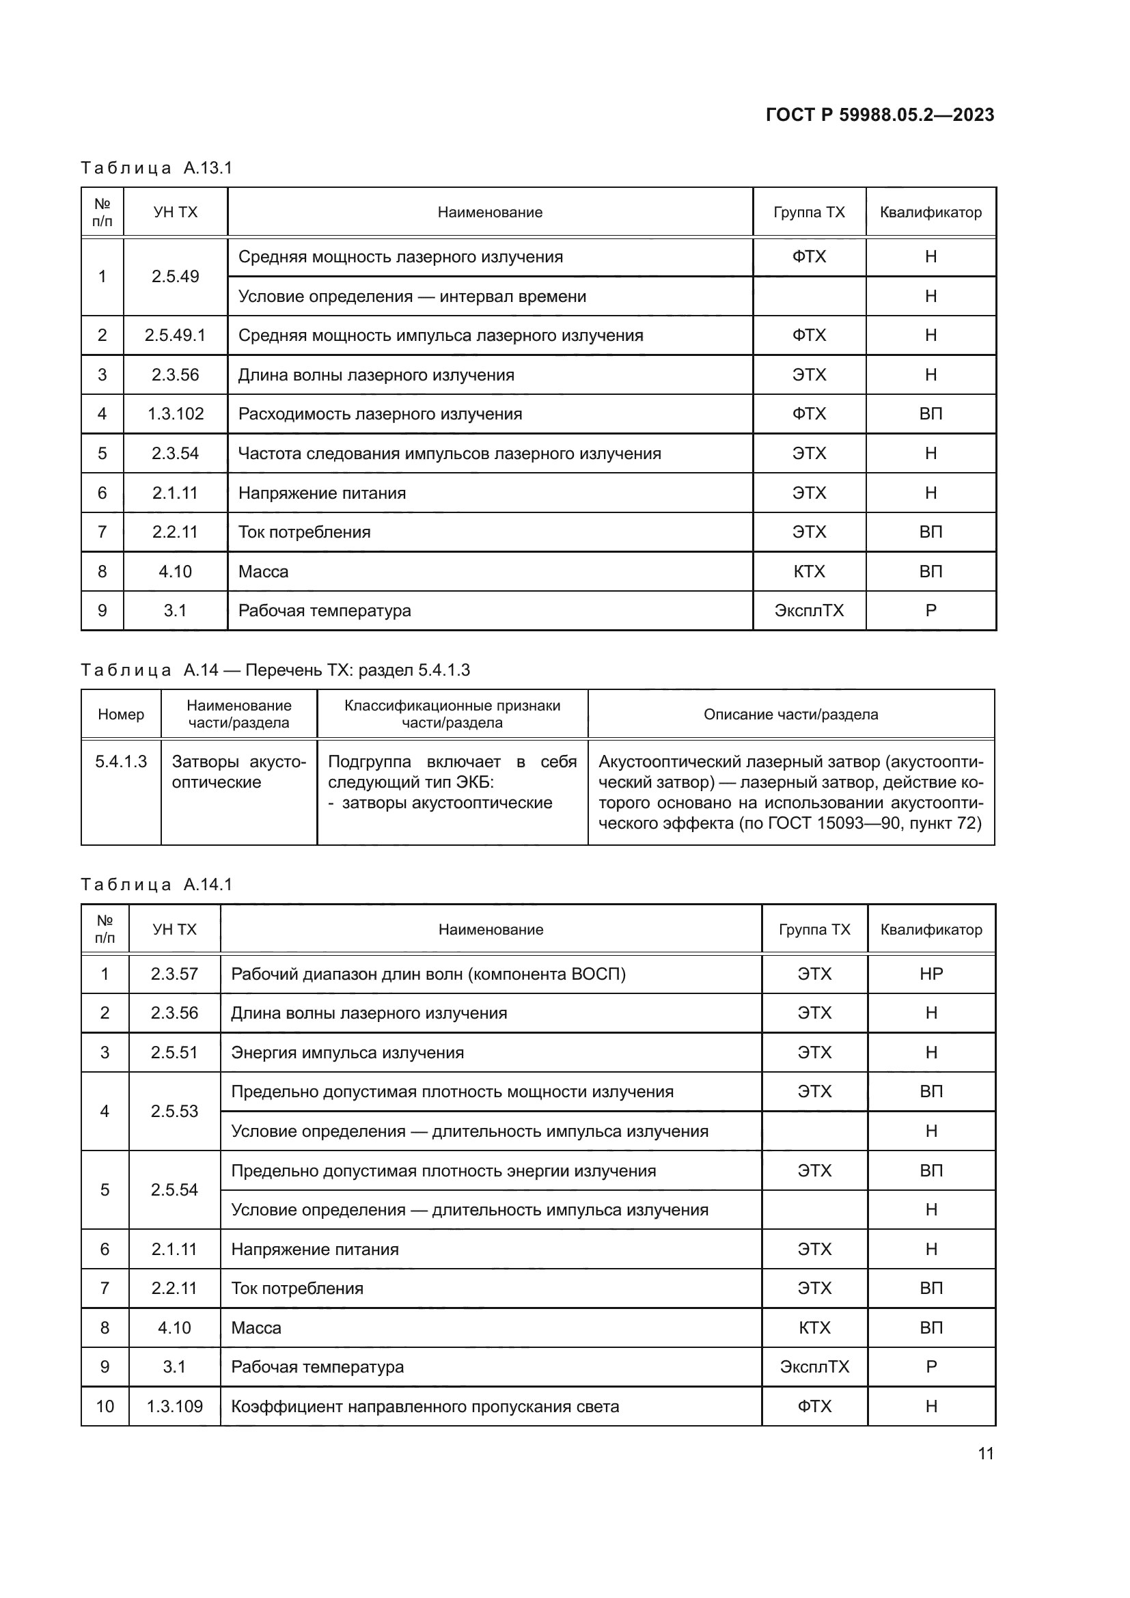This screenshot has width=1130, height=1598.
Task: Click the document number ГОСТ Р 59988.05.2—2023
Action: click(x=879, y=115)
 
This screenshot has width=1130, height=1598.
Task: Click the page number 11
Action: click(x=985, y=1453)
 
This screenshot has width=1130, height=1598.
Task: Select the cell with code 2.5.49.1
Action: click(x=175, y=335)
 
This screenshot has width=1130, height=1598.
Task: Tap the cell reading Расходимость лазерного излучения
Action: click(x=380, y=414)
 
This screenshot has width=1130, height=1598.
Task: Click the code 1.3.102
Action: click(x=175, y=414)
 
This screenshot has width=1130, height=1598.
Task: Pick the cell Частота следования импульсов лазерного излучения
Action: click(x=449, y=454)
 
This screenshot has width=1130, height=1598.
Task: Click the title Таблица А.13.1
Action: click(x=156, y=168)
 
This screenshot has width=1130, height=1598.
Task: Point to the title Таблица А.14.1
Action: click(x=156, y=885)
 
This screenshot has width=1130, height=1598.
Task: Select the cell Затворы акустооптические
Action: click(x=238, y=772)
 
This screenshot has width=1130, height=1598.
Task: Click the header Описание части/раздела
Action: click(x=790, y=714)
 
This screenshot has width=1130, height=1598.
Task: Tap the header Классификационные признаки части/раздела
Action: click(x=452, y=714)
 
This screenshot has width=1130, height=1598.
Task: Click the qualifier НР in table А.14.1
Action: click(x=931, y=974)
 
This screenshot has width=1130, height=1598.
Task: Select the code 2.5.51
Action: click(x=174, y=1052)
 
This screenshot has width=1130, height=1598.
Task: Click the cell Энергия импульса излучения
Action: click(x=347, y=1052)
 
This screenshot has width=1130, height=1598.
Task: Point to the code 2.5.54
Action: click(x=174, y=1189)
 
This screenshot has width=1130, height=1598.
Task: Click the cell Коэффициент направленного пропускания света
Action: click(x=424, y=1407)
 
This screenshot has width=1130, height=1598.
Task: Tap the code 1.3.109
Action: click(x=174, y=1407)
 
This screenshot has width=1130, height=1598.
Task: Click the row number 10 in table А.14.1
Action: click(x=105, y=1407)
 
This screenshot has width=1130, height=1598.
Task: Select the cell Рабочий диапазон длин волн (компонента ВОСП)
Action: click(x=428, y=974)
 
